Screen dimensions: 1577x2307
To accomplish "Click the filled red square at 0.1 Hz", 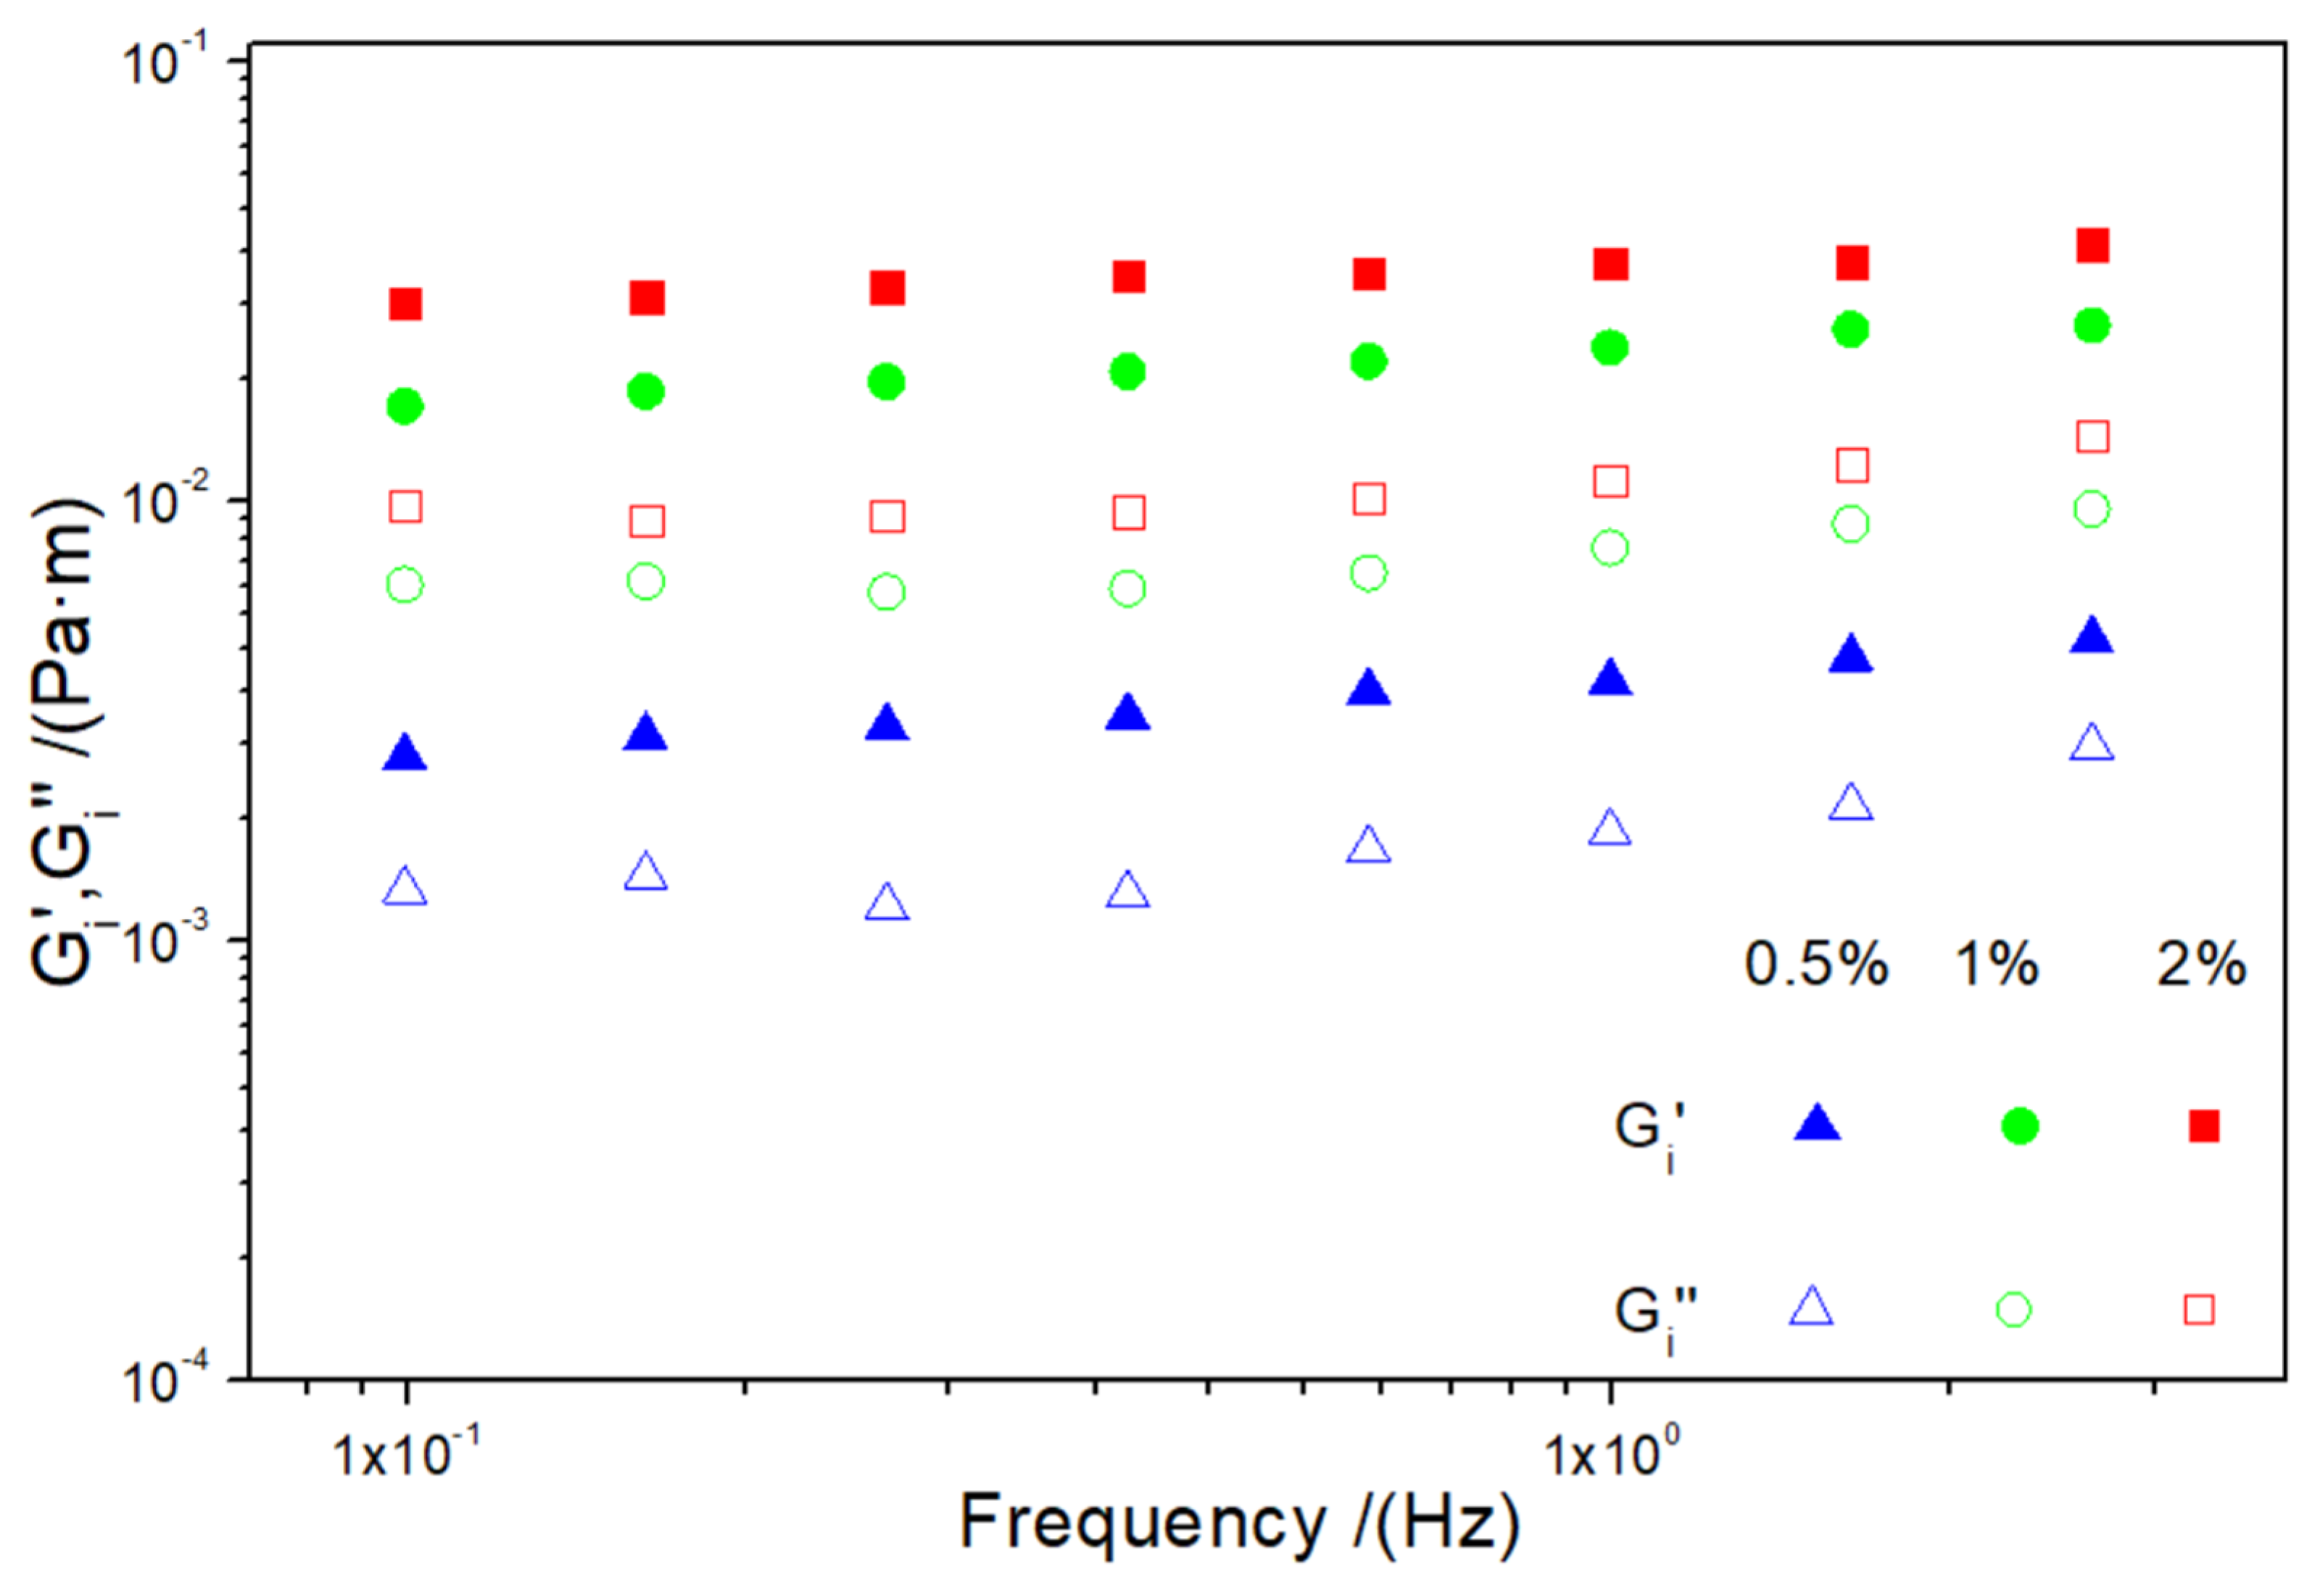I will [x=405, y=304].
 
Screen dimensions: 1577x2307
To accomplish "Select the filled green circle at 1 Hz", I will [x=1609, y=347].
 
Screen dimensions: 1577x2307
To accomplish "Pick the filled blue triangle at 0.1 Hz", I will [x=405, y=755].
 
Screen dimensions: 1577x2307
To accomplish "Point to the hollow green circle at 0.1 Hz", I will [x=405, y=586].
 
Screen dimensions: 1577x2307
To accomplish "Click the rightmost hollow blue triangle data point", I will [x=2092, y=744].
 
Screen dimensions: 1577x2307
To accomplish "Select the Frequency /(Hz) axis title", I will [x=1240, y=1523].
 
